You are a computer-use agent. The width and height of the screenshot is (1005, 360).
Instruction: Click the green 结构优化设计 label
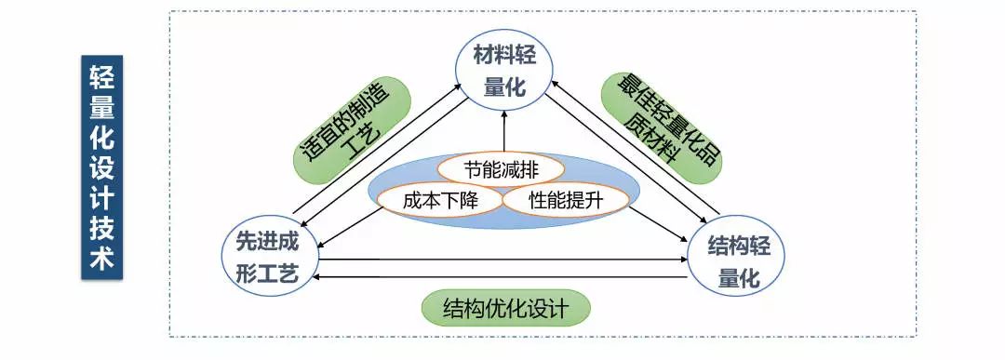505,308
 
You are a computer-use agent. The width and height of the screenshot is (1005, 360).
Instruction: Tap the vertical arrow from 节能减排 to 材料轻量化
504,130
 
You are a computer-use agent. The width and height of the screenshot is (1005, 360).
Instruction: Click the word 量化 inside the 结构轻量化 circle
735,278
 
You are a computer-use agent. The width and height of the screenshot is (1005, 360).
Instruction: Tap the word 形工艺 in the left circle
269,276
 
